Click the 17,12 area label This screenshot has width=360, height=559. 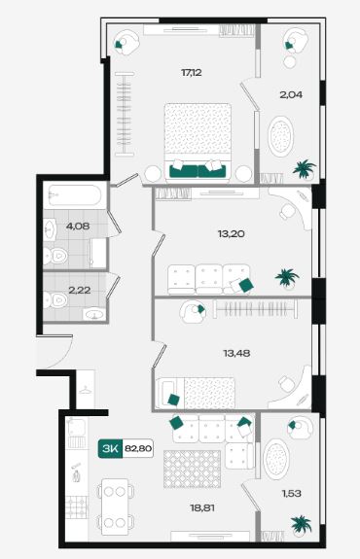pyautogui.click(x=192, y=73)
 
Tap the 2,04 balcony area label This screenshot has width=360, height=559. pyautogui.click(x=291, y=94)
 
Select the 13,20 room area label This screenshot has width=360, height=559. pyautogui.click(x=232, y=234)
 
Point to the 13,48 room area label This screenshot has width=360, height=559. pyautogui.click(x=236, y=353)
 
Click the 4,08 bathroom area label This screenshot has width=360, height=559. pyautogui.click(x=78, y=226)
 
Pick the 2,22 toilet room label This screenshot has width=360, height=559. pyautogui.click(x=79, y=291)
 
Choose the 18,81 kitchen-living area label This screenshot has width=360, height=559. pyautogui.click(x=202, y=507)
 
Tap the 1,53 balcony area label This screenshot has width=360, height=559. pyautogui.click(x=292, y=494)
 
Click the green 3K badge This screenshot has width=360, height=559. pyautogui.click(x=110, y=448)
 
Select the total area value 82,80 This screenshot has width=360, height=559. pyautogui.click(x=138, y=448)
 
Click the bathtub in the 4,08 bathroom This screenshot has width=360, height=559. pyautogui.click(x=75, y=195)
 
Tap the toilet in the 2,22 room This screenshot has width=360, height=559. pyautogui.click(x=55, y=300)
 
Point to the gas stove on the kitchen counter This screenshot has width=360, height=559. pyautogui.click(x=77, y=507)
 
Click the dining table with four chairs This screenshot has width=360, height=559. pyautogui.click(x=115, y=507)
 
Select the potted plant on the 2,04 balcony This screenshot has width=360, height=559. pyautogui.click(x=304, y=169)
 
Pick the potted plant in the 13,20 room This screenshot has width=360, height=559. pyautogui.click(x=287, y=278)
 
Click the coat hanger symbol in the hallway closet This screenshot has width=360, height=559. pyautogui.click(x=86, y=391)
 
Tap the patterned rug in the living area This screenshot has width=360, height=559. pyautogui.click(x=192, y=469)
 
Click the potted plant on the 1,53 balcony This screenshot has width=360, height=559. pyautogui.click(x=301, y=526)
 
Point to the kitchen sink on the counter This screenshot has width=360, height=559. pyautogui.click(x=76, y=427)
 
